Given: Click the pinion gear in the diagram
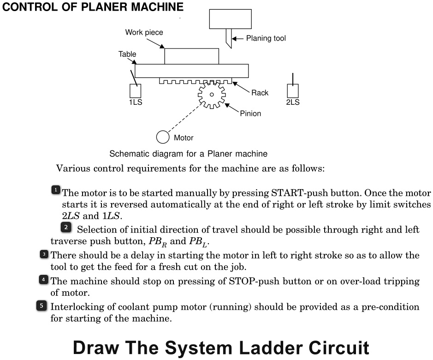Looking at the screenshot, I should [x=212, y=95].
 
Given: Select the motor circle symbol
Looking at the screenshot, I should [x=162, y=137].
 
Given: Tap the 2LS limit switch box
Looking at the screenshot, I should [x=292, y=90].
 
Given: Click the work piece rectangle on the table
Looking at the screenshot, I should [x=191, y=56].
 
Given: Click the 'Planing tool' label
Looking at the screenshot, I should [x=266, y=38].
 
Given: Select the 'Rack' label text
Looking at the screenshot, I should [x=260, y=93].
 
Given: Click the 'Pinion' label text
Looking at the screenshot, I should [x=250, y=114].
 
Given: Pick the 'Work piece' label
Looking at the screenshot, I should [x=144, y=32].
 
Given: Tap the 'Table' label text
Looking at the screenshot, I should [x=127, y=54].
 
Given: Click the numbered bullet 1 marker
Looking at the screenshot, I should [x=55, y=190].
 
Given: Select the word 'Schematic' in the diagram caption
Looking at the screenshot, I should [x=125, y=153].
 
